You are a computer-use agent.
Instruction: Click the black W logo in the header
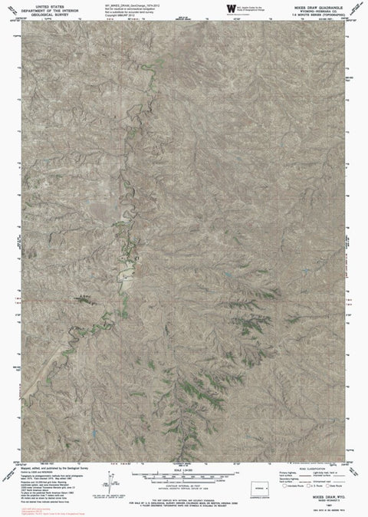coord(232,8)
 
